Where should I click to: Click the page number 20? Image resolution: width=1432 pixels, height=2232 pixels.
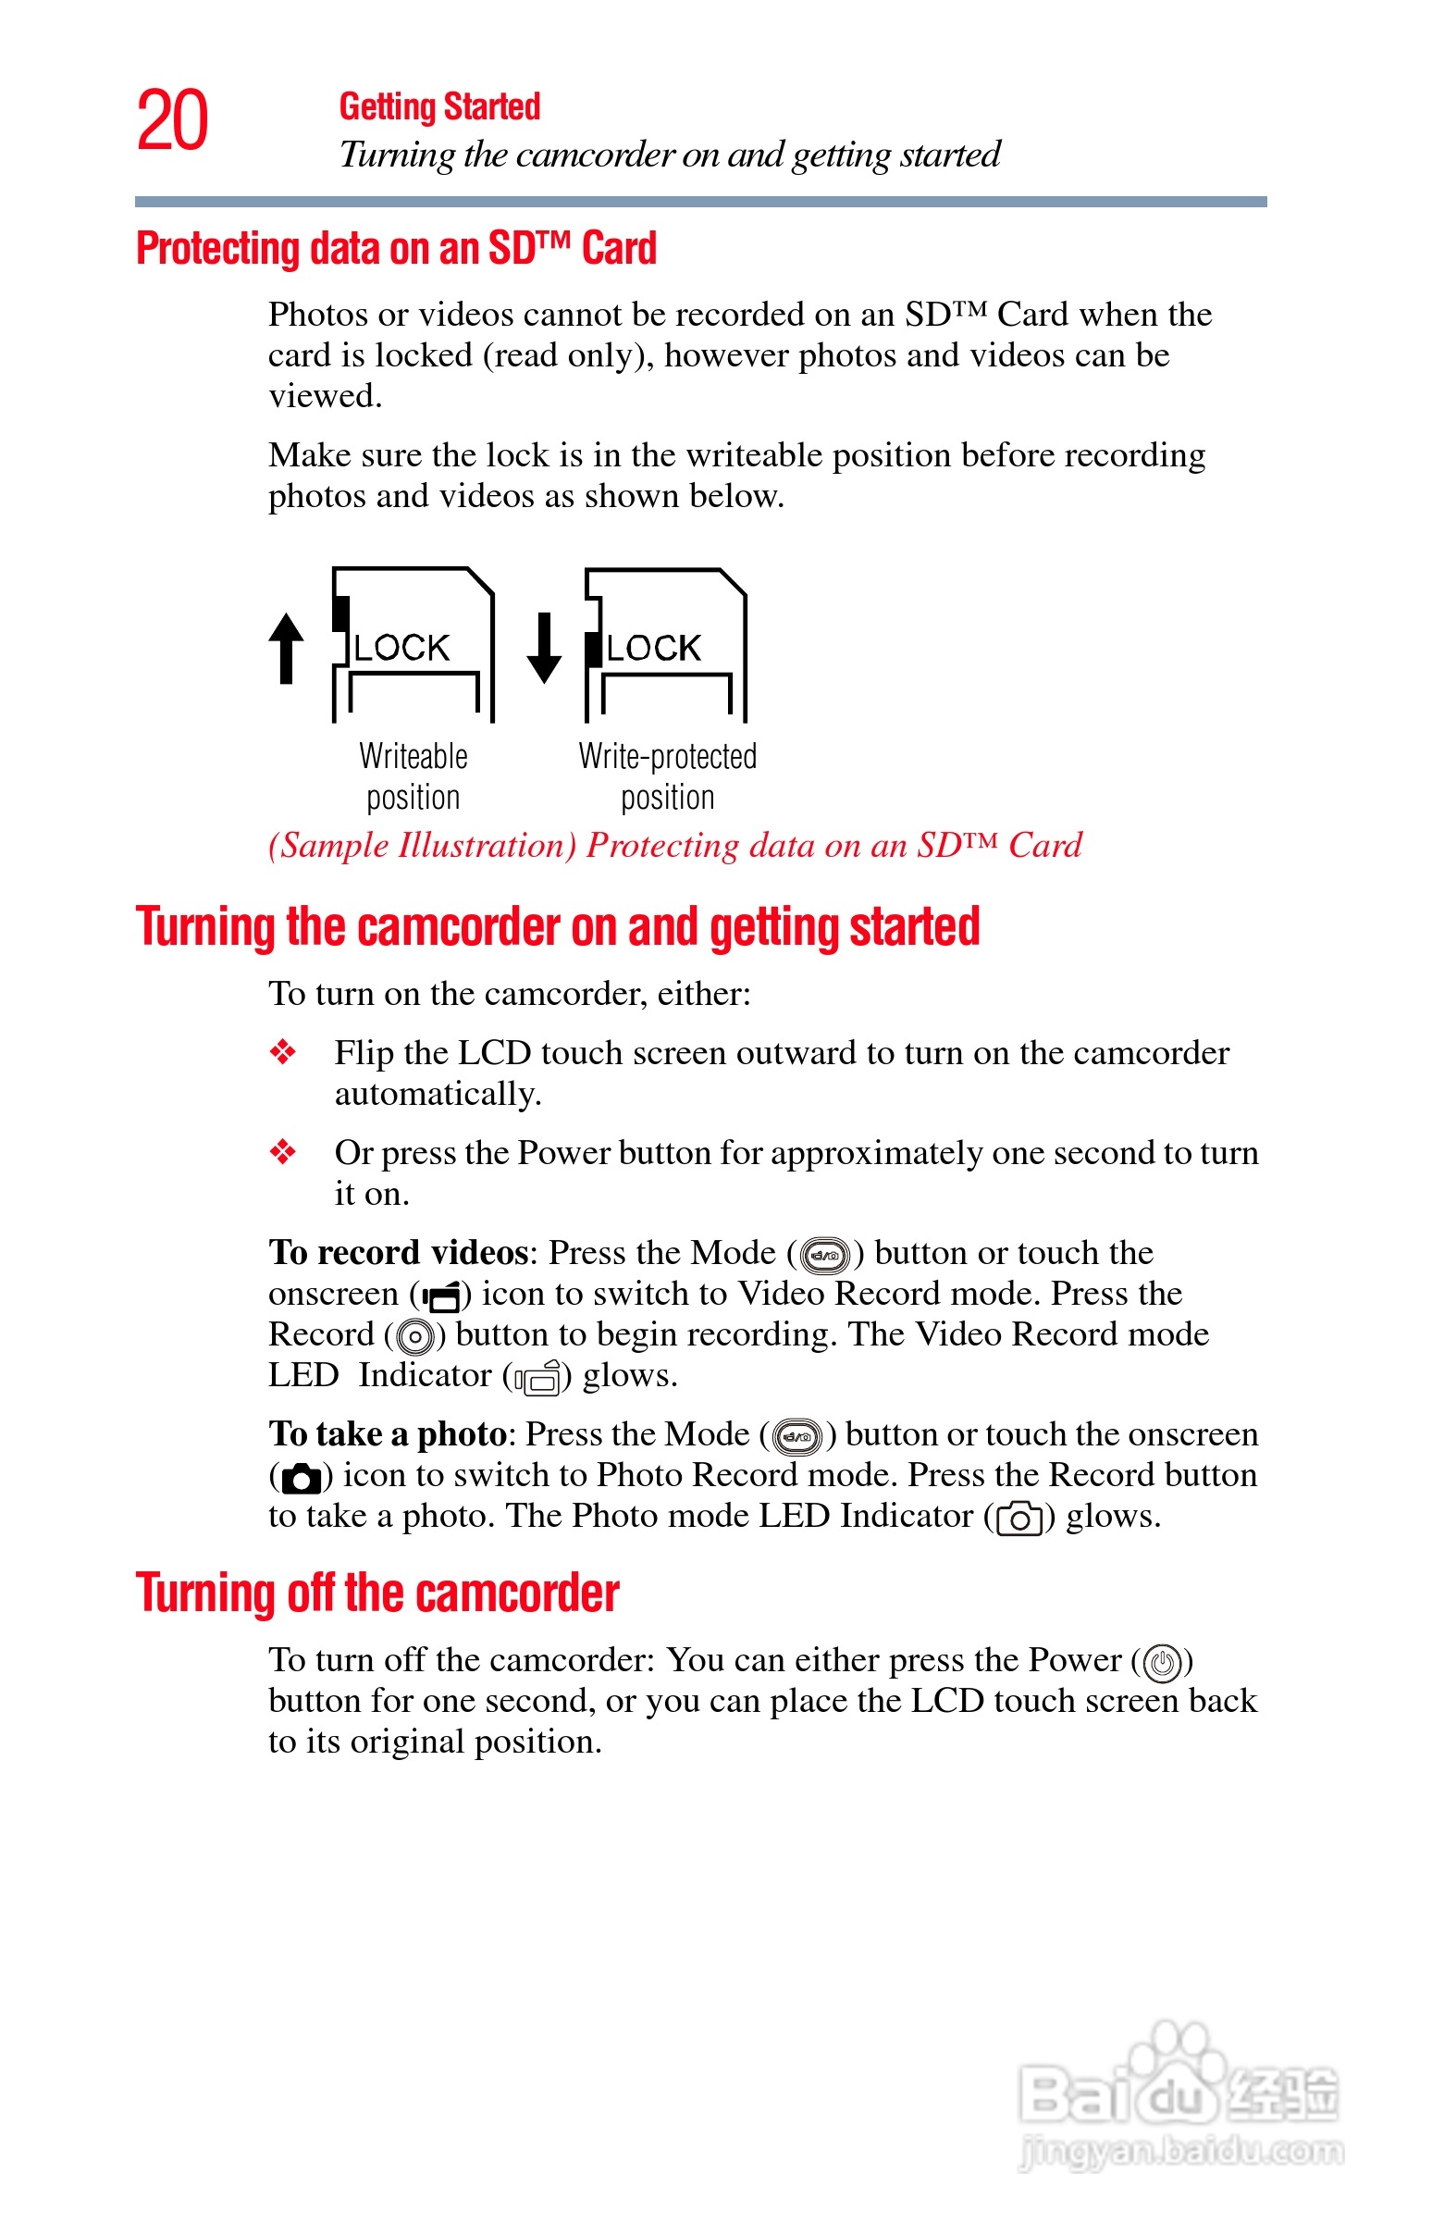tap(173, 121)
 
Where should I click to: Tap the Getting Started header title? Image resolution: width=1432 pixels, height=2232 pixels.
tap(438, 107)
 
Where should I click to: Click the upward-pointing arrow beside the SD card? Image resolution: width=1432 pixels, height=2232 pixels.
tap(287, 648)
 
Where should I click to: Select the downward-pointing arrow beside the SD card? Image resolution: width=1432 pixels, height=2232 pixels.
tap(544, 648)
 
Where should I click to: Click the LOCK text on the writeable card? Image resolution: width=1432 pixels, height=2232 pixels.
tap(401, 648)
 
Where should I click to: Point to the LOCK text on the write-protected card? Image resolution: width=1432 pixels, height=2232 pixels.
tap(654, 648)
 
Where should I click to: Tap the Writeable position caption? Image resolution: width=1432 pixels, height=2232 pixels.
tap(413, 776)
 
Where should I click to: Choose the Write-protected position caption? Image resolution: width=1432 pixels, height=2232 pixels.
tap(668, 776)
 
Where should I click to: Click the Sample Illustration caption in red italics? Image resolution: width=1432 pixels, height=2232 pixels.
tap(675, 846)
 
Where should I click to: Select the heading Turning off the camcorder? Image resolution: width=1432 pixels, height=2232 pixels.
tap(377, 1593)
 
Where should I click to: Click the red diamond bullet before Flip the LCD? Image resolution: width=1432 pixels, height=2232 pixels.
tap(283, 1053)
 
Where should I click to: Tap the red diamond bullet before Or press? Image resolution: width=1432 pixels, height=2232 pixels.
tap(283, 1153)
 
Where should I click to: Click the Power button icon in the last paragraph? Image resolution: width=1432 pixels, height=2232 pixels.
tap(1162, 1663)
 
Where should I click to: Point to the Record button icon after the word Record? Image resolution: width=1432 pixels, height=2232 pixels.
tap(414, 1337)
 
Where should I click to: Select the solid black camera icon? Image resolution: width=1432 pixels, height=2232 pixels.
tap(301, 1478)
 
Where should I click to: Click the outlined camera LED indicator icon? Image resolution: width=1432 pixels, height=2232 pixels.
tap(1019, 1519)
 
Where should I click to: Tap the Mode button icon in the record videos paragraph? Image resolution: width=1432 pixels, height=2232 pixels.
tap(825, 1255)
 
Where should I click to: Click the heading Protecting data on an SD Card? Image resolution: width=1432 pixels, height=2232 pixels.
tap(396, 249)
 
